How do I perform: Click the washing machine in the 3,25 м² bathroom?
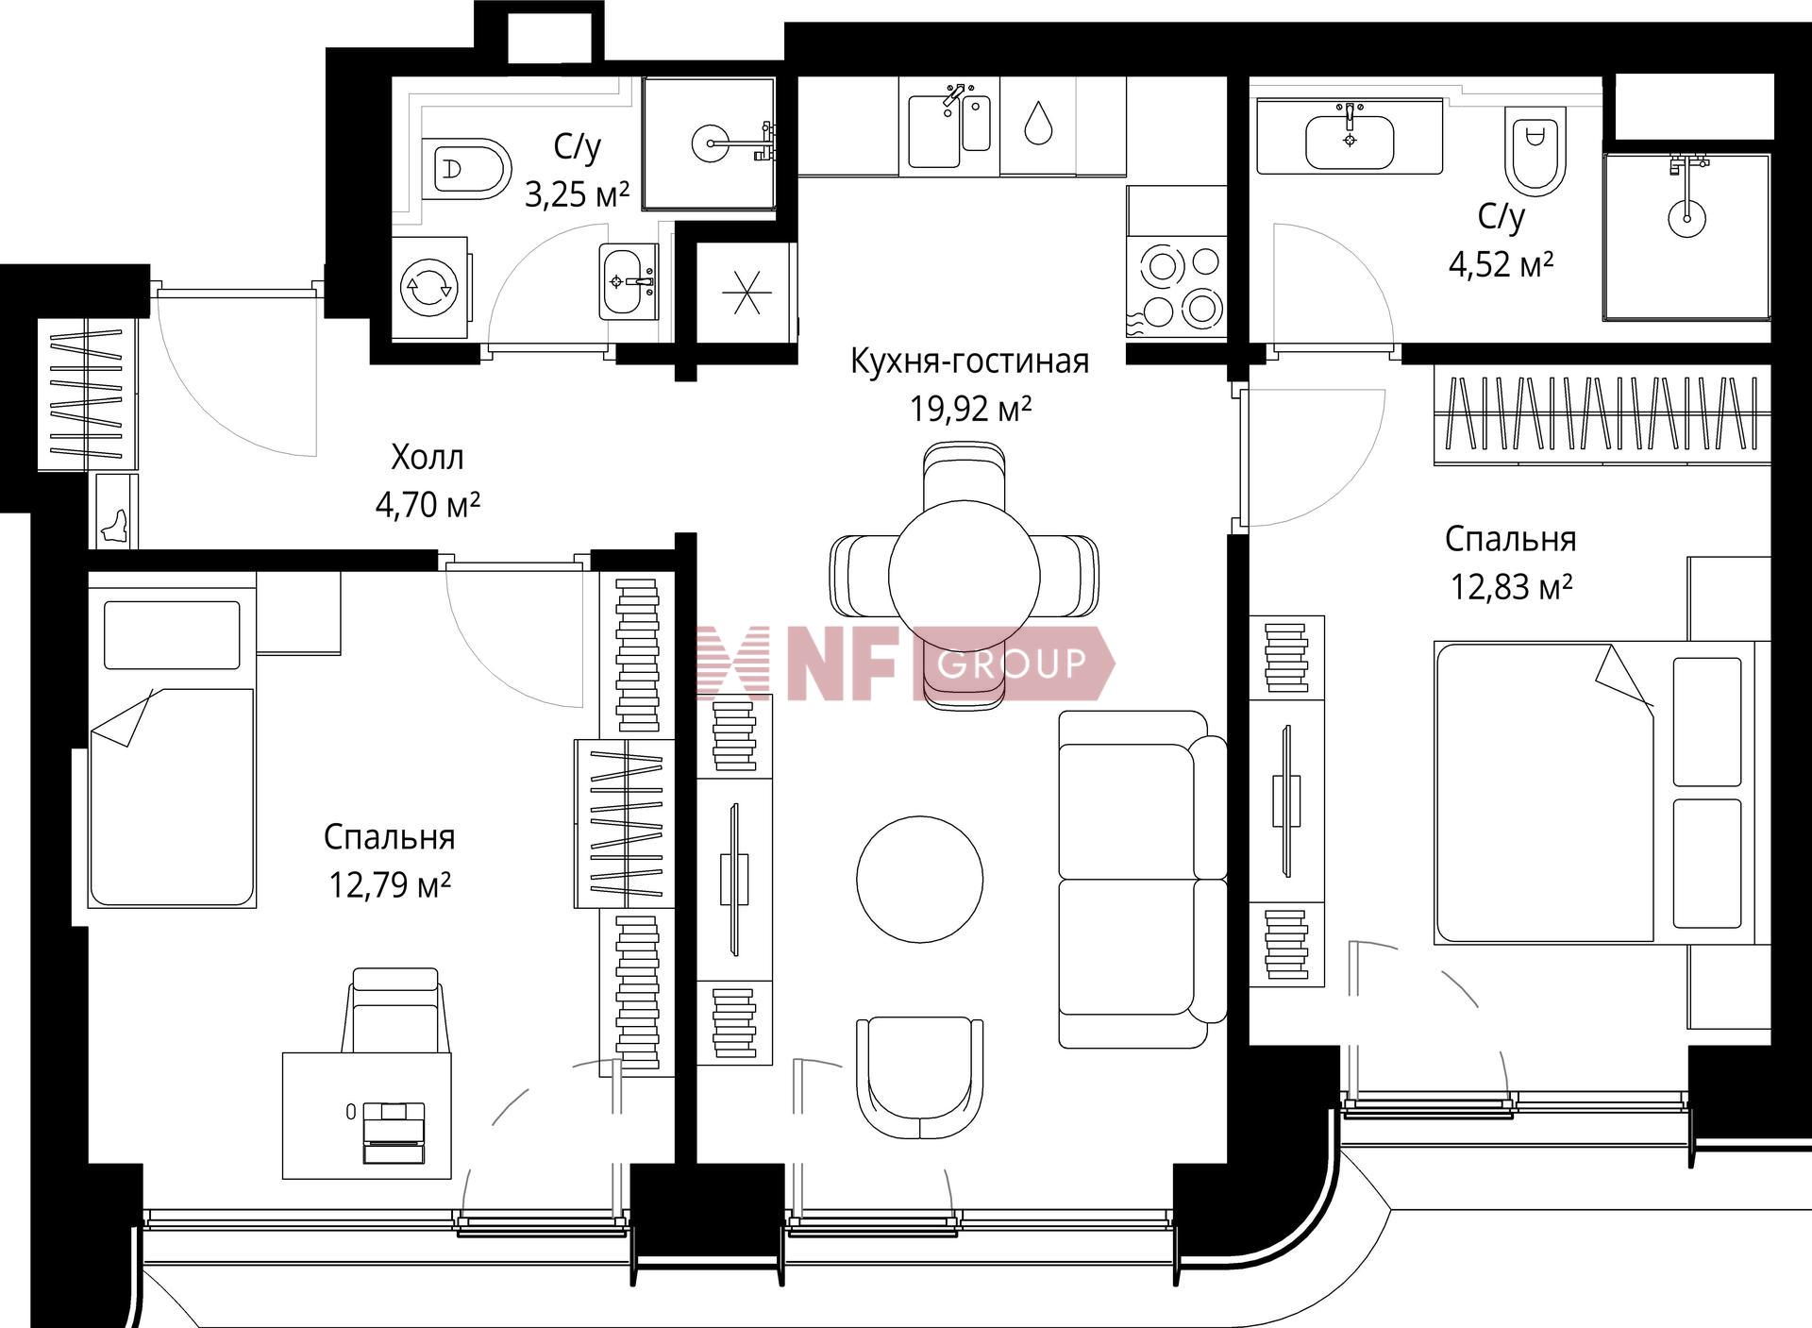tap(429, 288)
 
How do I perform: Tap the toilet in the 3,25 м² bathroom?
tap(467, 169)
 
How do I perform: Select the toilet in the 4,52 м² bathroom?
tap(1535, 149)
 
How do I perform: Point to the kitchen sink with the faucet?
tap(949, 126)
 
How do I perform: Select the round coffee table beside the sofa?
tap(920, 880)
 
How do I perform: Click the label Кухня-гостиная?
tap(969, 361)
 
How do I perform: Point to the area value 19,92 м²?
tap(970, 410)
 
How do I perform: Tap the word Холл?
tap(428, 458)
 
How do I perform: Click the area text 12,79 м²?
tap(389, 884)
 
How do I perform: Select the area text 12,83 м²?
tap(1511, 587)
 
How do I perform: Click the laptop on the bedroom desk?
tap(394, 1133)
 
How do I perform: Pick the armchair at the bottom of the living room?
tap(919, 1079)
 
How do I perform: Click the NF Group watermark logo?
tap(905, 664)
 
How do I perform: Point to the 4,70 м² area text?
tap(428, 505)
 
